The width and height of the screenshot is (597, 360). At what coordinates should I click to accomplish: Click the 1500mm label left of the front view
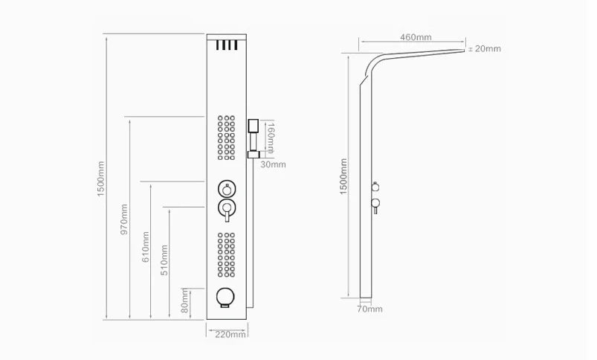(101, 179)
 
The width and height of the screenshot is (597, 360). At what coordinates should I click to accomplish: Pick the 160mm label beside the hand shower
(271, 138)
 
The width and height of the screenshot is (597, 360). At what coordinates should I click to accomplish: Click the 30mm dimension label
(273, 164)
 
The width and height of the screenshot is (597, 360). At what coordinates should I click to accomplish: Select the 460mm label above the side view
(416, 37)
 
